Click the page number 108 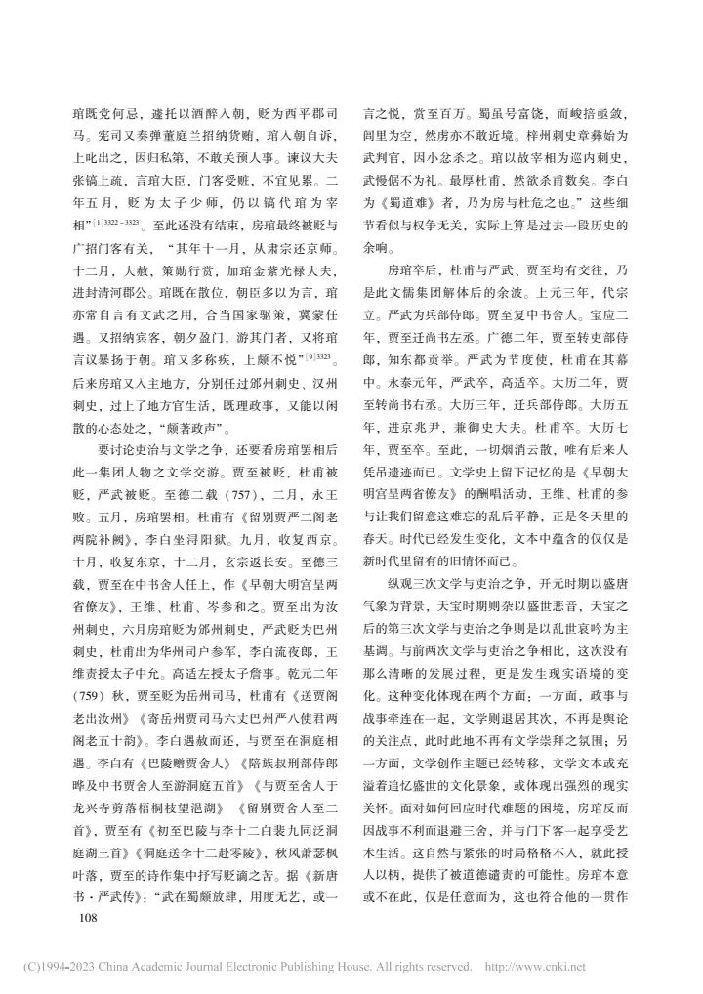click(76, 890)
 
